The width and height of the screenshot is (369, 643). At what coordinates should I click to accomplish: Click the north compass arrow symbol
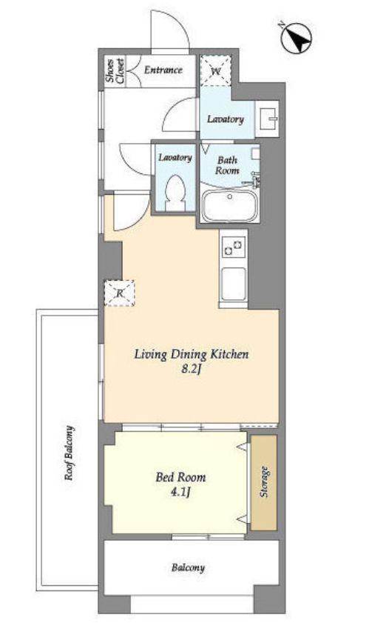[296, 39]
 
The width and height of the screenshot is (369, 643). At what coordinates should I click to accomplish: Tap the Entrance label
[163, 70]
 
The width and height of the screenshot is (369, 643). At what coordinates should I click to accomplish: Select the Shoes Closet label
[115, 71]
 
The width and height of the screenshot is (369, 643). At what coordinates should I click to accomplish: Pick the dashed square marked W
[216, 70]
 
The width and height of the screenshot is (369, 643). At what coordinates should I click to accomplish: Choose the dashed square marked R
[119, 293]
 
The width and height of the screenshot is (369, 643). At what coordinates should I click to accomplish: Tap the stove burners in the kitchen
[234, 247]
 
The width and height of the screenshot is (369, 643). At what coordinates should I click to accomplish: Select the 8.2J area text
[191, 370]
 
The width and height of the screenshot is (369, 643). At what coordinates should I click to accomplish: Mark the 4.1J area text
[180, 492]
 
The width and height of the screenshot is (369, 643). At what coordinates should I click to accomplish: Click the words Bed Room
[180, 477]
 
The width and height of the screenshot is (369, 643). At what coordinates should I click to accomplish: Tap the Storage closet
[264, 482]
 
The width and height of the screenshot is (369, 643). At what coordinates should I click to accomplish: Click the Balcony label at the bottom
[188, 568]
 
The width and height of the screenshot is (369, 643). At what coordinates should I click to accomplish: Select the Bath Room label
[227, 165]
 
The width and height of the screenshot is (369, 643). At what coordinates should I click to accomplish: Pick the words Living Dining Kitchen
[192, 354]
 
